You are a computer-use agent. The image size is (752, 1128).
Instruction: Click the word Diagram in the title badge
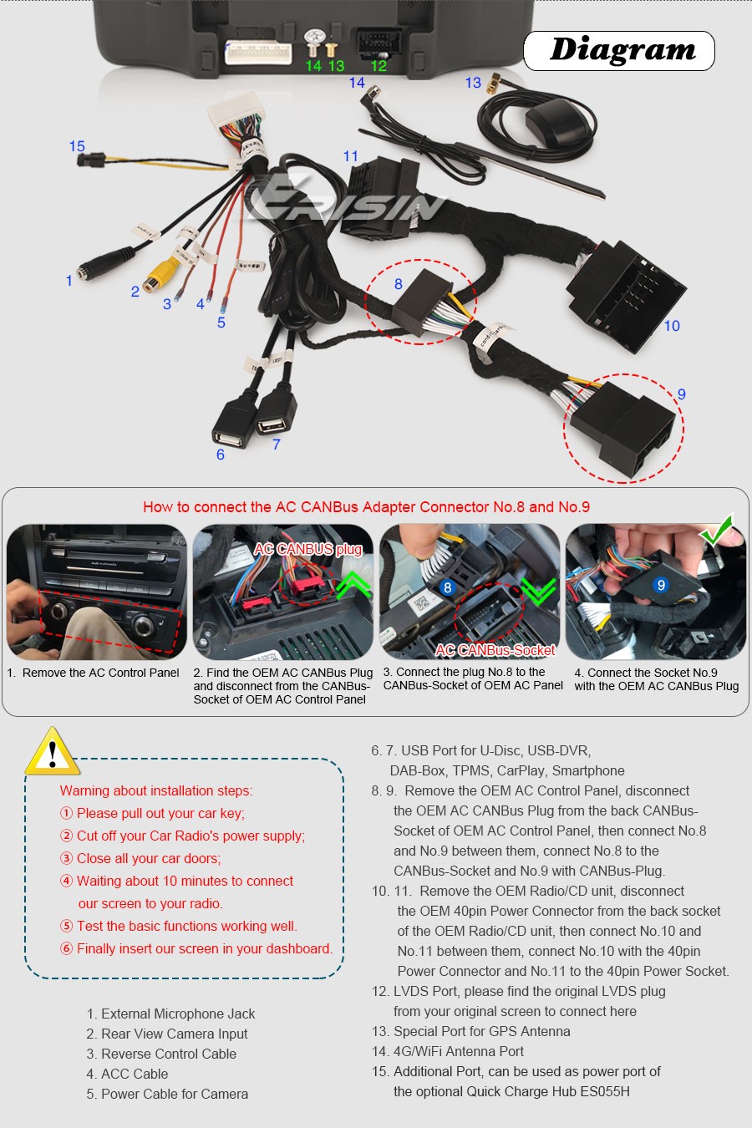(622, 50)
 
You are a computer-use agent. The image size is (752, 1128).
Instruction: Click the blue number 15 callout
(77, 146)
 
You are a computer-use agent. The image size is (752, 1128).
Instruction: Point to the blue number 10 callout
(672, 326)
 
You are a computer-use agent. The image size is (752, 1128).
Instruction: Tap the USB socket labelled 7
(275, 411)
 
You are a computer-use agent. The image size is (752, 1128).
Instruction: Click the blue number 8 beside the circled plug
(398, 284)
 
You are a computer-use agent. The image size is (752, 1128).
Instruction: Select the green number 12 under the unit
(379, 66)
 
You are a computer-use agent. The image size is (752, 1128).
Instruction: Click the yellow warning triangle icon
(52, 752)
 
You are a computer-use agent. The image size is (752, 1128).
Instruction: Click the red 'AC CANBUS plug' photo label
(307, 549)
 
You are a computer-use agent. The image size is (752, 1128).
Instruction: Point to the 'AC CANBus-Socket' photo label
(495, 650)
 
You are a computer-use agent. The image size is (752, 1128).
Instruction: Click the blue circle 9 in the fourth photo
(661, 585)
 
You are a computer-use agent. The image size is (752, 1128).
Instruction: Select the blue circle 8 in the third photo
(447, 587)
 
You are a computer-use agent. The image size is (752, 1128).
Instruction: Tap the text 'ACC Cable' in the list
(135, 1074)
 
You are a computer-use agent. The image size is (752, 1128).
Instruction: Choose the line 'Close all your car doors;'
(149, 858)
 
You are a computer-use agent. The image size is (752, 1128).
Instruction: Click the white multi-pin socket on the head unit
(258, 53)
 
